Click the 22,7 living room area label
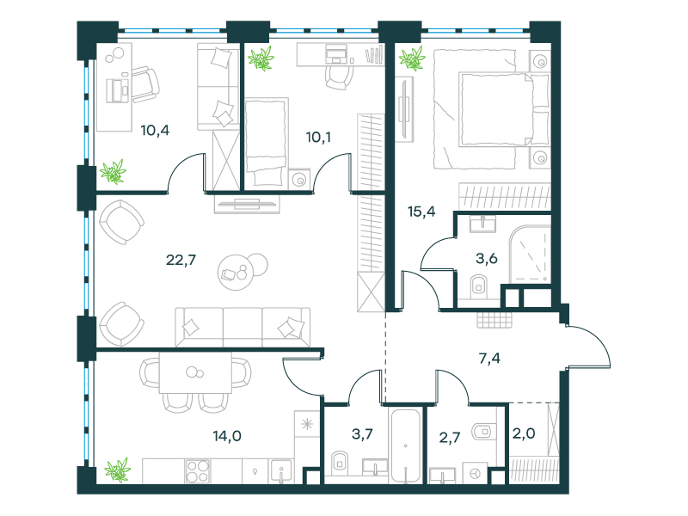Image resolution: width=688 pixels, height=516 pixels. [181, 261]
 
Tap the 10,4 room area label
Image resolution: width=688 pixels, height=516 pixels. [155, 131]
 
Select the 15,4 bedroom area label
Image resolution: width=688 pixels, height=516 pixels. [421, 212]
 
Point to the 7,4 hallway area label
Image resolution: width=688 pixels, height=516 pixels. [489, 359]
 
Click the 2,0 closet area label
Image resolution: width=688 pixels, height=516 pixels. [524, 433]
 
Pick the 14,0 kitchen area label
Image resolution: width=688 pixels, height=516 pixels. [227, 436]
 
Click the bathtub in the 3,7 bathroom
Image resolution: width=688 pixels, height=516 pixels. [405, 445]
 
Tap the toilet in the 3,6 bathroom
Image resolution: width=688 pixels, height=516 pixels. [479, 285]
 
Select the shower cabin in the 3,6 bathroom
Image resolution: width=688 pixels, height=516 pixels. [530, 255]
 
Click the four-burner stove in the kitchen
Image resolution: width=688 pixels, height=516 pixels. [198, 470]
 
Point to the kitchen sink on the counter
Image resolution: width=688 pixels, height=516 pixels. [281, 470]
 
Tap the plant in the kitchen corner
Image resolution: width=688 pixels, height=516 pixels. [117, 470]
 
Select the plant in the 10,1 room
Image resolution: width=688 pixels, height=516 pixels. [261, 58]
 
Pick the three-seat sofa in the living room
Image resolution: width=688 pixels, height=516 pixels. [243, 327]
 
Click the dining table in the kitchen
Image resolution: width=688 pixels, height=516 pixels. [195, 372]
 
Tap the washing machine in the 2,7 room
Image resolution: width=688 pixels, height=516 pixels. [476, 473]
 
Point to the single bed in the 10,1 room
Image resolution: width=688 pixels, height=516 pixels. [267, 142]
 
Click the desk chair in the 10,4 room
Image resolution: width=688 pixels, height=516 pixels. [145, 84]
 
